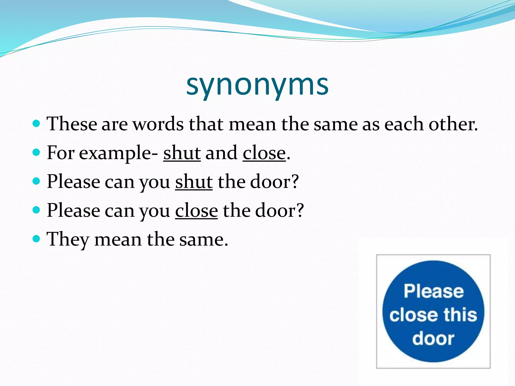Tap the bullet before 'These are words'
coord(36,124)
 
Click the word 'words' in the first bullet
coord(158,124)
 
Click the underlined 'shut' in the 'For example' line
coord(182,153)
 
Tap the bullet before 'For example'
coord(36,152)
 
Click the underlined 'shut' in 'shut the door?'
coord(194,182)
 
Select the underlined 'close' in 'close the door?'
coord(196,211)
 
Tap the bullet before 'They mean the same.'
coord(36,238)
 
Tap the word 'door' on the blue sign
coord(433,339)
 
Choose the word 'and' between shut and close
coord(221,153)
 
